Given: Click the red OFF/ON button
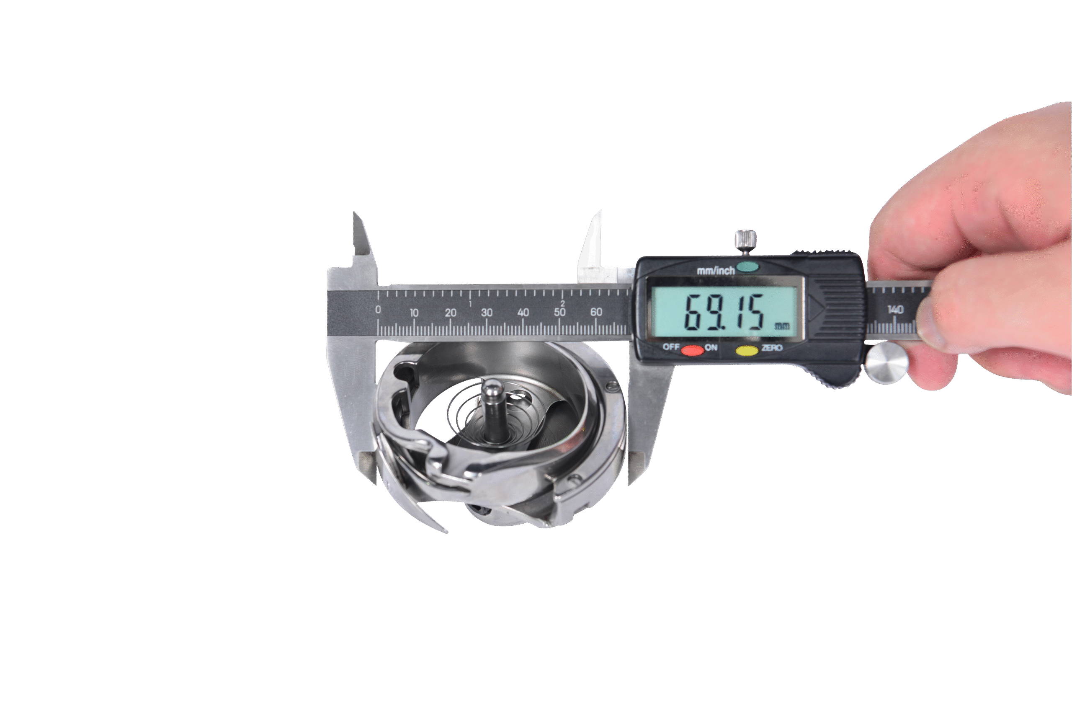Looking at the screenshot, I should click(692, 350).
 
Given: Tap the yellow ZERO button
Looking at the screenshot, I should click(747, 350).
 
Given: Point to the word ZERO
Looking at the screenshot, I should click(772, 348).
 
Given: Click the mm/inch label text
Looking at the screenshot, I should click(715, 270).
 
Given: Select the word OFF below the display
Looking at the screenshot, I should click(671, 346).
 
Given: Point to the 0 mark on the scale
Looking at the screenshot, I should click(378, 310).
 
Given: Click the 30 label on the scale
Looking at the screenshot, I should click(487, 313).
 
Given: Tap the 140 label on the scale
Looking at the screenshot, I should click(895, 310).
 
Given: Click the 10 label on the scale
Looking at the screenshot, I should click(414, 313).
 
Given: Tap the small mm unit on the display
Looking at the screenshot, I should click(782, 326).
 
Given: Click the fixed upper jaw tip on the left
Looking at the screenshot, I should click(355, 215).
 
